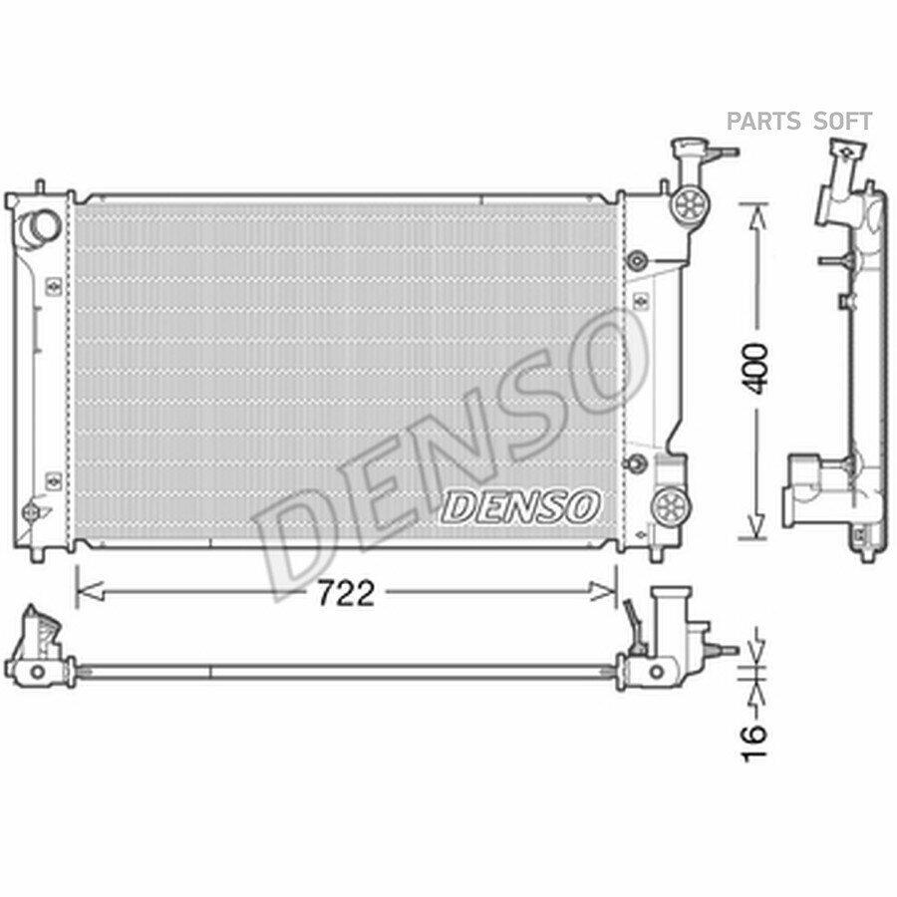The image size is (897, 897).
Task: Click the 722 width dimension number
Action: (x=346, y=593)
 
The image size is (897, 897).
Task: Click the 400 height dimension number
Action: (x=755, y=369)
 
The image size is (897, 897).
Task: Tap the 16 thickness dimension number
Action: (x=753, y=744)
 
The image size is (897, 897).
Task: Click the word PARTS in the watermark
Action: (x=763, y=122)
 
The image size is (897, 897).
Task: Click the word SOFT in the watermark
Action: (x=842, y=122)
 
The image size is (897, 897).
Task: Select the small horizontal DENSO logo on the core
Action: (x=520, y=506)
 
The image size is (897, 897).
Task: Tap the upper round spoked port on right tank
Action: (x=690, y=203)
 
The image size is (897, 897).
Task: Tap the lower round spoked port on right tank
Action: (x=672, y=504)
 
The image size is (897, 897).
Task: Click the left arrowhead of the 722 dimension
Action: (x=90, y=591)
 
